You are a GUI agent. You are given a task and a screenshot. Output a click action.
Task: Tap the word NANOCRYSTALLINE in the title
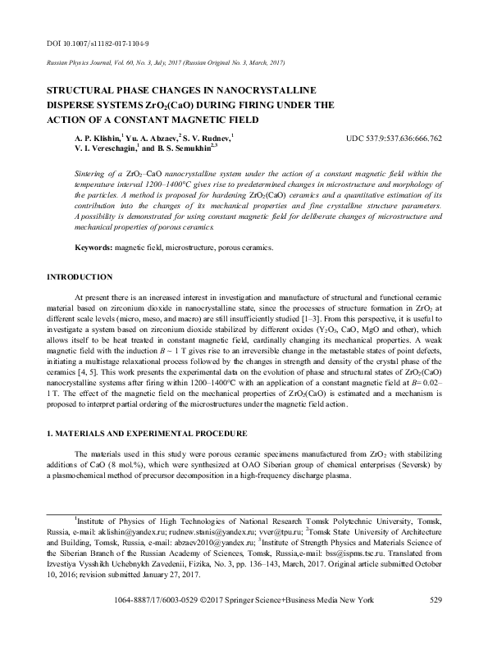pos(267,90)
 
